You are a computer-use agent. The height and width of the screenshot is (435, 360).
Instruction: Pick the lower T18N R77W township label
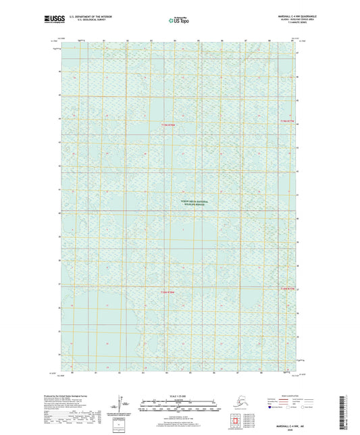tap(288, 289)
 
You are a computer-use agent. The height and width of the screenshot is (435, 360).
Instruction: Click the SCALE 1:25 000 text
tap(179, 396)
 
